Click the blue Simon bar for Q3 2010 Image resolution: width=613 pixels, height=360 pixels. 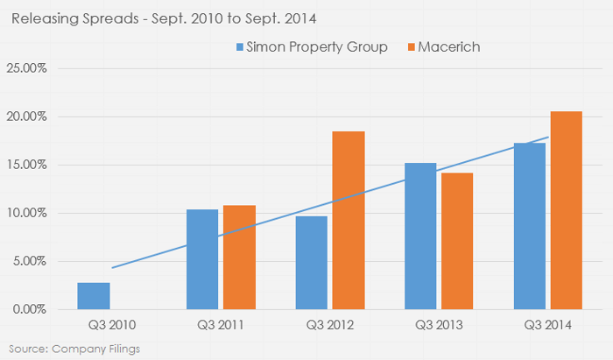(x=94, y=296)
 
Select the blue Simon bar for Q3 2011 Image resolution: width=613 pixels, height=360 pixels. (x=201, y=259)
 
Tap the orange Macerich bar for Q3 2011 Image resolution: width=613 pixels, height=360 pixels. (x=239, y=258)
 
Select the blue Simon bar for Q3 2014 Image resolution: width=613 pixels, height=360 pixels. (x=529, y=226)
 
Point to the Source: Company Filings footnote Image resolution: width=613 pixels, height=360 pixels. (x=59, y=349)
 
